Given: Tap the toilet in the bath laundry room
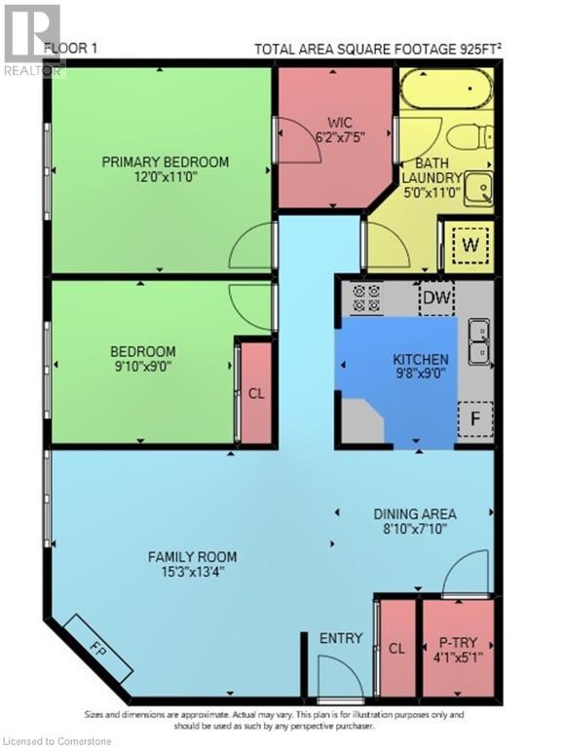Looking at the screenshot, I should (476, 138).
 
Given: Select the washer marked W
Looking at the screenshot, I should (469, 245).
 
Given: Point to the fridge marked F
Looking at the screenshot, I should (475, 419).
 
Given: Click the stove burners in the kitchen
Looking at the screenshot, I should (367, 298).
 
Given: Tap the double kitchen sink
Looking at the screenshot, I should (478, 341).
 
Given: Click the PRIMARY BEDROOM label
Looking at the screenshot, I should (166, 161).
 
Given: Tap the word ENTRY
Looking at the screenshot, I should (341, 638).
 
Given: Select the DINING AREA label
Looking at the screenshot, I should (415, 514).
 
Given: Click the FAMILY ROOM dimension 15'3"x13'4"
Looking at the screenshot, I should (192, 573).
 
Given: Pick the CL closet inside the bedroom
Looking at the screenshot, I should (256, 394).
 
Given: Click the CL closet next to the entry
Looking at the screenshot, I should (396, 646).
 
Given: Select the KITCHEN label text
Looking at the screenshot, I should (420, 359).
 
